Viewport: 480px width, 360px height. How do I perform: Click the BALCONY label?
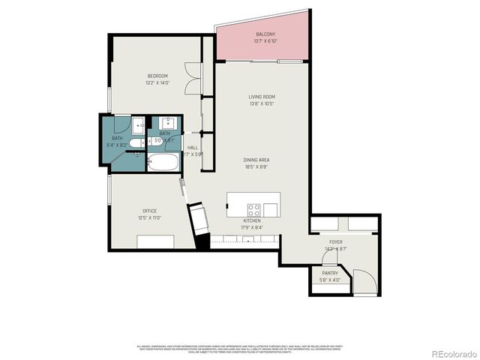coord(265,34)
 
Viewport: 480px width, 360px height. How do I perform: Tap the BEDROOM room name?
coord(157,76)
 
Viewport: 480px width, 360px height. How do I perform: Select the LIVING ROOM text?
coord(262,97)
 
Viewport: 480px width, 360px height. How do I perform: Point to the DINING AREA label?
coord(256,160)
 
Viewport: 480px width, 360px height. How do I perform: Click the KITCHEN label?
coord(252,220)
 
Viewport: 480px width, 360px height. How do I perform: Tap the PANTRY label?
coord(330,273)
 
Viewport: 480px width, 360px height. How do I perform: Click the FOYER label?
coord(336,242)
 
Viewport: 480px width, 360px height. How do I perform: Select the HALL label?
coord(193,148)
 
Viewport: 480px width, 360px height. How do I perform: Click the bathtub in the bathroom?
coord(163,163)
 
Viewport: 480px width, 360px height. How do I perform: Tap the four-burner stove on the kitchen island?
coord(254,209)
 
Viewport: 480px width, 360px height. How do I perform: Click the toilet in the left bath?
coord(135,142)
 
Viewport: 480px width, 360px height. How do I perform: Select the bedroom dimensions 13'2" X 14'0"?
coord(157,83)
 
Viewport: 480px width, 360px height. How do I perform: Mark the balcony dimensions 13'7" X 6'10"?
coord(265,42)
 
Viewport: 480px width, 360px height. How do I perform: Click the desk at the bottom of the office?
coord(156,241)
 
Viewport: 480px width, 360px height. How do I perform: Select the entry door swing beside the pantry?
coord(364,283)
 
